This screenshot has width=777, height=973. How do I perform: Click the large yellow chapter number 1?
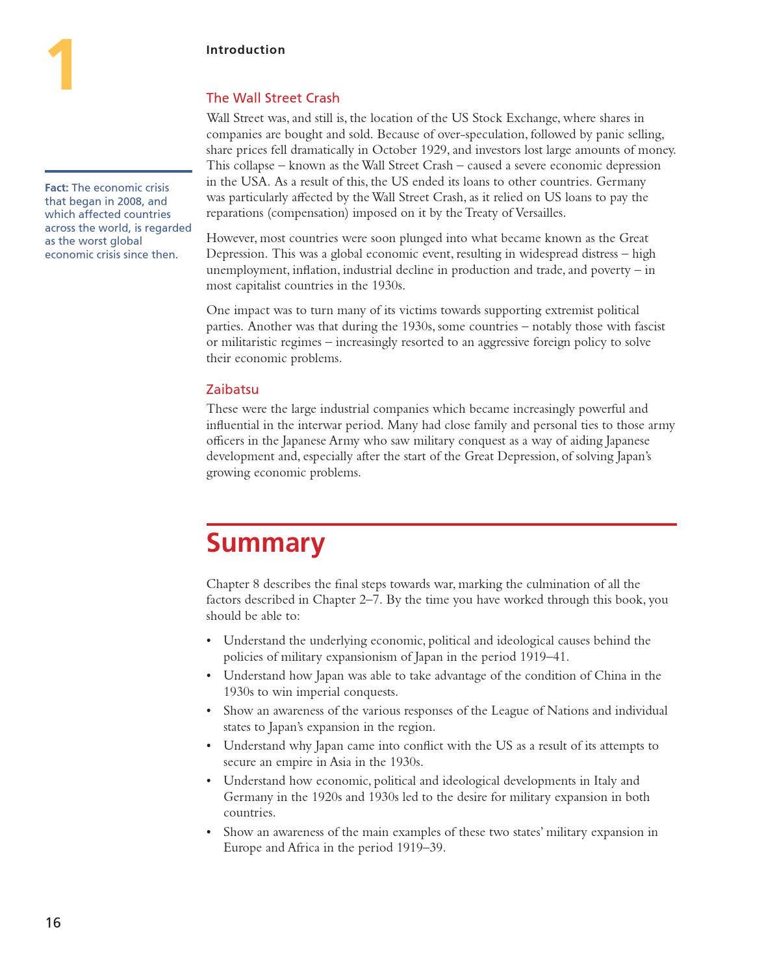pyautogui.click(x=61, y=65)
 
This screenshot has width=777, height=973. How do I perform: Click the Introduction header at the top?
pyautogui.click(x=245, y=50)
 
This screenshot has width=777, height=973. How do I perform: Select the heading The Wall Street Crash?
pyautogui.click(x=272, y=98)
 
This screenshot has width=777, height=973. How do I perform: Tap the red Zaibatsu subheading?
pyautogui.click(x=232, y=389)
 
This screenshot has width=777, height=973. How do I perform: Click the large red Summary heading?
pyautogui.click(x=265, y=543)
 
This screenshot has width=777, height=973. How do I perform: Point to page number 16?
pyautogui.click(x=53, y=922)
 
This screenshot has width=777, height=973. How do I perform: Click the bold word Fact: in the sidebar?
pyautogui.click(x=57, y=188)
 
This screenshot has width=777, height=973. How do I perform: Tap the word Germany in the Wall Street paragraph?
pyautogui.click(x=620, y=182)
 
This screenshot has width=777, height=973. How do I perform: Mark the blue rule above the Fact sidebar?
pyautogui.click(x=118, y=171)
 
